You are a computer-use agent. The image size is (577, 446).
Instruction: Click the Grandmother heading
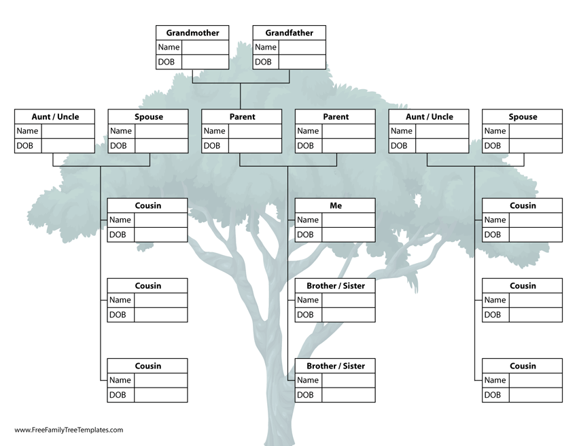click(x=192, y=33)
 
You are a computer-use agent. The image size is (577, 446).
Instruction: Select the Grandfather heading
click(x=289, y=33)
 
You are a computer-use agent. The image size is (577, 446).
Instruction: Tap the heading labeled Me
click(x=336, y=205)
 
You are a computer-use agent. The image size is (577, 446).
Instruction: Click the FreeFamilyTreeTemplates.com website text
click(x=69, y=430)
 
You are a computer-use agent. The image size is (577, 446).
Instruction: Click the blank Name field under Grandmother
click(x=205, y=48)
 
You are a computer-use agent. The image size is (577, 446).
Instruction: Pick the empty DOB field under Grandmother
click(x=205, y=62)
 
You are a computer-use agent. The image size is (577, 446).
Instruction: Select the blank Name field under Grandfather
click(x=302, y=48)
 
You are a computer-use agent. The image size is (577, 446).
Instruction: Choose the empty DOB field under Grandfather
click(x=302, y=62)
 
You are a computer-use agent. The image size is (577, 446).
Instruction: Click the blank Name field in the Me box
click(x=348, y=220)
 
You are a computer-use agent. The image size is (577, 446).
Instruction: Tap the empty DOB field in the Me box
click(x=348, y=235)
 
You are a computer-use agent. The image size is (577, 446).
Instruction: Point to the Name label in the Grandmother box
click(x=169, y=48)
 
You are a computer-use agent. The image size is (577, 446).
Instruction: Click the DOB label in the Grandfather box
click(x=263, y=62)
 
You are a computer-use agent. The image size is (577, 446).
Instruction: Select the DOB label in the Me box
click(x=305, y=235)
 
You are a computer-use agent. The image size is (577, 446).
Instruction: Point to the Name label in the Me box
click(x=307, y=220)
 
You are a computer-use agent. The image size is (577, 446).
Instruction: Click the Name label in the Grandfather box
click(x=266, y=48)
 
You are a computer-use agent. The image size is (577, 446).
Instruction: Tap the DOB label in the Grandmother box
click(x=167, y=62)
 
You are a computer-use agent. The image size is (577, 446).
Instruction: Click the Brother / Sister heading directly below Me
click(x=336, y=286)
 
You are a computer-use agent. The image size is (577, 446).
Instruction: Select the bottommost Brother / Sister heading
click(x=336, y=366)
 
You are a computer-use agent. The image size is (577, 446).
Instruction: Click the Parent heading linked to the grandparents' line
click(x=242, y=117)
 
